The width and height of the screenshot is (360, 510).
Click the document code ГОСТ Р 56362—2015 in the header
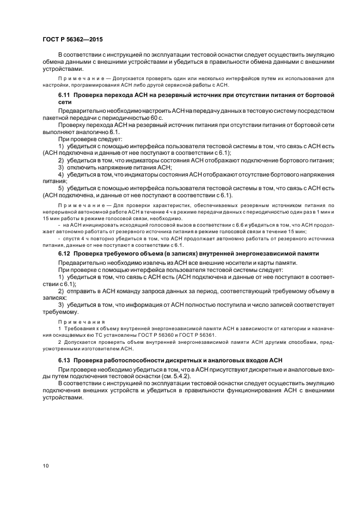coord(72,39)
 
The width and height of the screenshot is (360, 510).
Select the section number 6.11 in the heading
coord(65,95)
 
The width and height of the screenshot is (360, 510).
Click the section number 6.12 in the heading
coord(65,254)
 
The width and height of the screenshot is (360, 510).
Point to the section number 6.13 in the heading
coord(65,361)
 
